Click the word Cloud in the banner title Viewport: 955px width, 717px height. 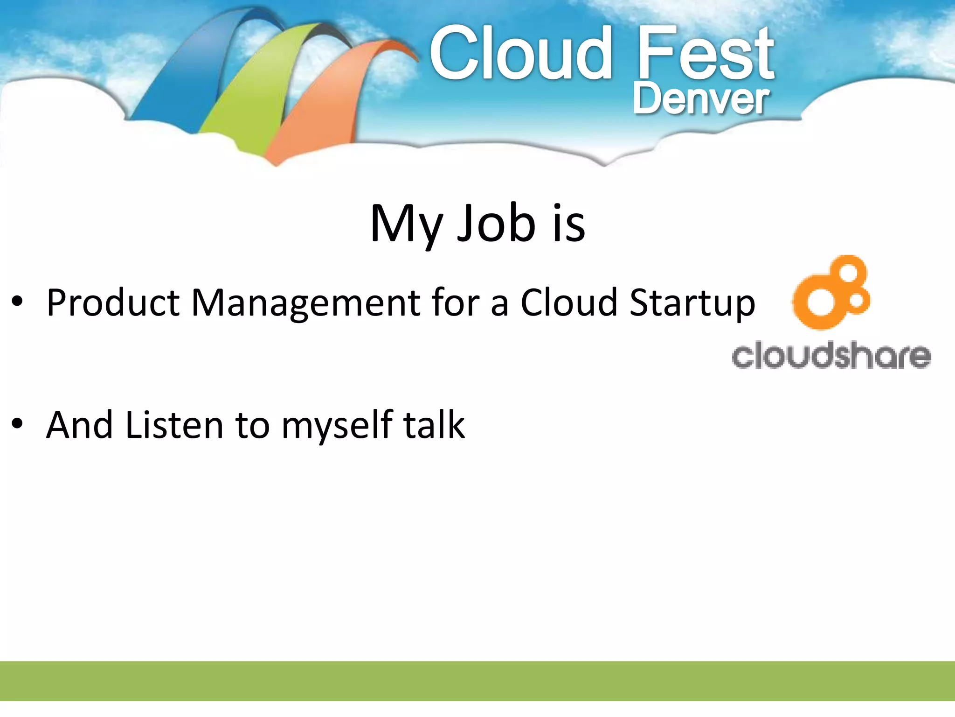[520, 54]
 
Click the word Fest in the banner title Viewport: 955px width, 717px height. [705, 54]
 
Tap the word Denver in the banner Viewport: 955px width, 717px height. [700, 99]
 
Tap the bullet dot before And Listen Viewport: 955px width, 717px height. [17, 424]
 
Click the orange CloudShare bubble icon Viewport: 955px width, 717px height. [830, 294]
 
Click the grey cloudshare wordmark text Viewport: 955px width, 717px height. [831, 356]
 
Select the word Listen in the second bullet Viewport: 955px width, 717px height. [174, 425]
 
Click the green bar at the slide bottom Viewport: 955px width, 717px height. [477, 681]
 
